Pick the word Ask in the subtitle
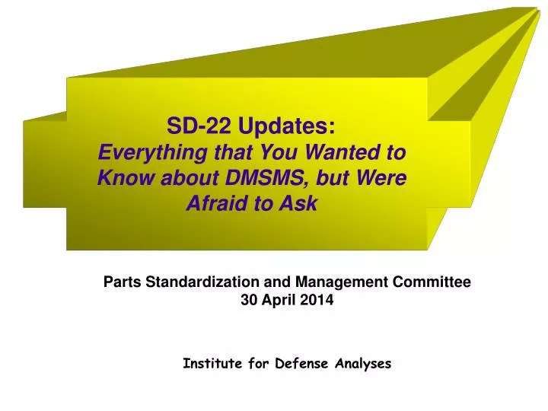(x=299, y=203)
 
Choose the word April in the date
(x=278, y=300)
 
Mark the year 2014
(x=316, y=300)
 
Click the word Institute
(x=212, y=364)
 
